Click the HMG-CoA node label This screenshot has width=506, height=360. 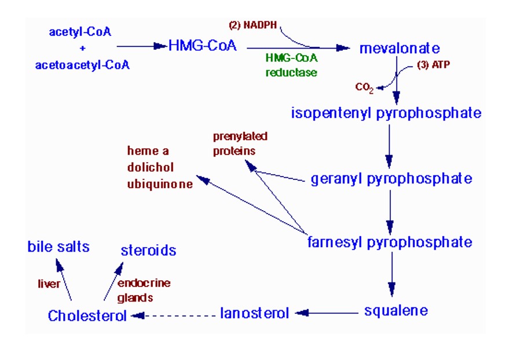(203, 46)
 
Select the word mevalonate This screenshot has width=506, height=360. (399, 48)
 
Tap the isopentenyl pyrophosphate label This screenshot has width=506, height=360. (386, 113)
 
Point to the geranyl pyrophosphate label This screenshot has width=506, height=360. (391, 179)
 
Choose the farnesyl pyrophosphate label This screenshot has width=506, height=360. (390, 242)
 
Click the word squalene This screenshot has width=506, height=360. (396, 311)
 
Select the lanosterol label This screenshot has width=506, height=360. (254, 314)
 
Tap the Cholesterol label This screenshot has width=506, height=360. (87, 316)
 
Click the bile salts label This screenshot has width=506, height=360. (58, 247)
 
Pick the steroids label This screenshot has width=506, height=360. (148, 251)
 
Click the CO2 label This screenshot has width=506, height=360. (364, 88)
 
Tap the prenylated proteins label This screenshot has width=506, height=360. (240, 143)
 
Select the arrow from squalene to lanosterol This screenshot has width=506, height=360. (327, 313)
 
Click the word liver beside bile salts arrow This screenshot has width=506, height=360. (49, 284)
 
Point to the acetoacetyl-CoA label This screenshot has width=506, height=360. (82, 64)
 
